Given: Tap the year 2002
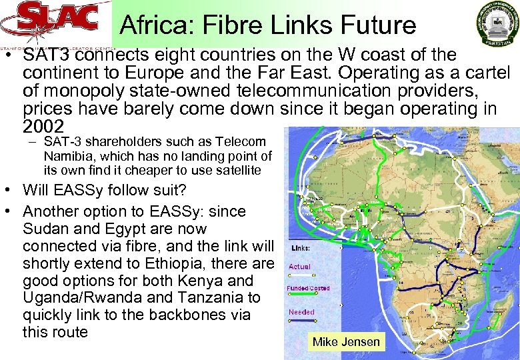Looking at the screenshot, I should pos(43,127).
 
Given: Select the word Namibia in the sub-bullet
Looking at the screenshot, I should pos(66,156).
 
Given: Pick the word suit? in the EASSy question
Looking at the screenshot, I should pos(165,190).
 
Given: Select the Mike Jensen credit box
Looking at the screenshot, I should pos(346,342).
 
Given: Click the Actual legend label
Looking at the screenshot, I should pos(299,267).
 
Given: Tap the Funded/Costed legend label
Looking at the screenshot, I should pos(308,289).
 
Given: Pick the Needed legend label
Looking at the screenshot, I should pos(301,312).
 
